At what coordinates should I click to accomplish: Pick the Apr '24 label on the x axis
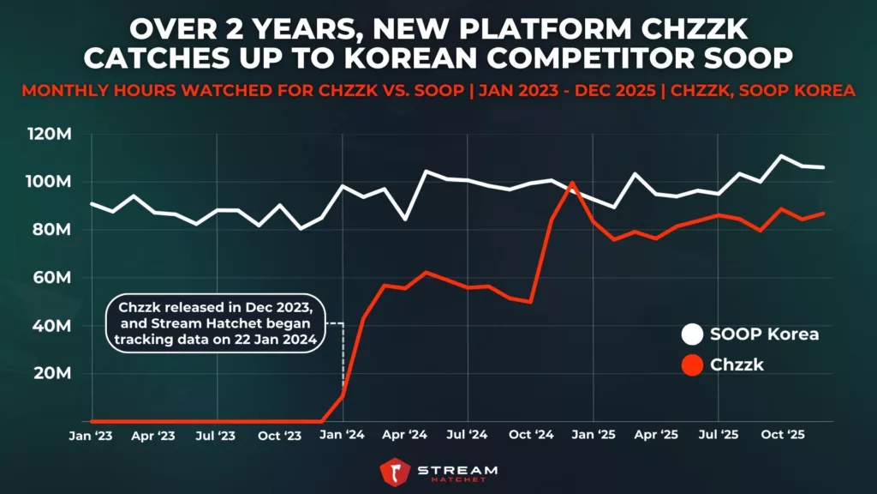point(405,436)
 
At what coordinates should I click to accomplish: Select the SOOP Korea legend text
point(765,334)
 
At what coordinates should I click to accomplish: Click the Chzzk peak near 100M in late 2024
point(572,183)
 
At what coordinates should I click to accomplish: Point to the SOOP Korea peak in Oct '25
point(781,156)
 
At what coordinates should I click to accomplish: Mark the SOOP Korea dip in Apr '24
point(405,220)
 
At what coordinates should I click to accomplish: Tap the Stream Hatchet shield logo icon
point(396,473)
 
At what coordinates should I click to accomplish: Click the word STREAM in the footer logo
point(456,468)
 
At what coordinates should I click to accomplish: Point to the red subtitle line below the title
point(438,91)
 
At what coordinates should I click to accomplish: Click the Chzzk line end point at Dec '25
point(823,214)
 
